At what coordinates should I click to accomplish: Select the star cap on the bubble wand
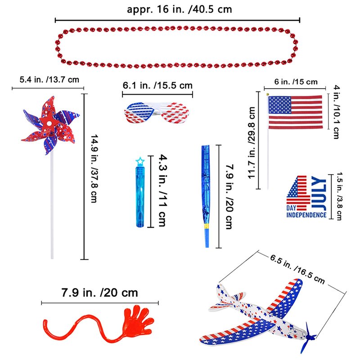coord(140,161)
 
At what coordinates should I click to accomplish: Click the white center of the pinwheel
coord(49,124)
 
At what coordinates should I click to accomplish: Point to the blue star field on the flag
coord(280,105)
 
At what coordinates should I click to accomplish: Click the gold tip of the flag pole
coord(267,94)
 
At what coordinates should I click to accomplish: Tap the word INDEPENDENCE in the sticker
coord(306,215)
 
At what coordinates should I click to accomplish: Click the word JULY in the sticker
coord(319,193)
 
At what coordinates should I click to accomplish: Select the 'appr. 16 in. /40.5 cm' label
coord(179,9)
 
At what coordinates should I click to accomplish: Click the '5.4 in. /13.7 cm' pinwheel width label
coord(49,80)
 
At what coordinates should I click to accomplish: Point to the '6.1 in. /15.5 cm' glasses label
coord(157,85)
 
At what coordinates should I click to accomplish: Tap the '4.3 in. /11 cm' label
coord(163,190)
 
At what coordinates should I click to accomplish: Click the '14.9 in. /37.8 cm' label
coord(94,168)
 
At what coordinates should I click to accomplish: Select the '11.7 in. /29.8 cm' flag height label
coord(252,143)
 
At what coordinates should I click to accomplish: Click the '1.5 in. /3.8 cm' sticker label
coord(339,196)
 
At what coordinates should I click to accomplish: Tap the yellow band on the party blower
coord(207,227)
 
